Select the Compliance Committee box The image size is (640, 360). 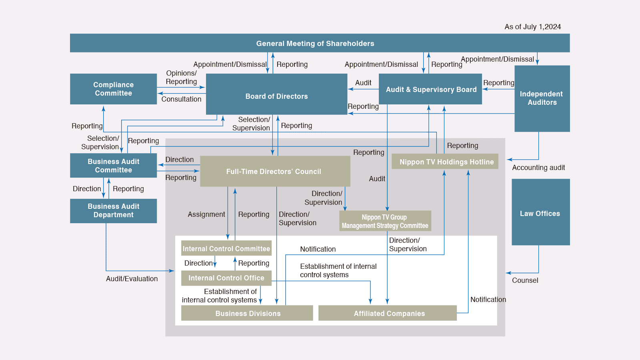pyautogui.click(x=113, y=89)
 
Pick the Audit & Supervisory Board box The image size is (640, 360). pyautogui.click(x=431, y=89)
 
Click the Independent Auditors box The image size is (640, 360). pyautogui.click(x=542, y=98)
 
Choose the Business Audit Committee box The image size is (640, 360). pyautogui.click(x=113, y=166)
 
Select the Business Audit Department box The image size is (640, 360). pyautogui.click(x=113, y=211)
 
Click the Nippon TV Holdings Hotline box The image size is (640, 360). pyautogui.click(x=446, y=162)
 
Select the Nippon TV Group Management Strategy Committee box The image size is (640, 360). pyautogui.click(x=385, y=221)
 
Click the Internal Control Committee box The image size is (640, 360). pyautogui.click(x=226, y=248)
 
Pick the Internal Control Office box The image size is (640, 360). pyautogui.click(x=226, y=278)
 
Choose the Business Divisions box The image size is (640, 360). pyautogui.click(x=247, y=313)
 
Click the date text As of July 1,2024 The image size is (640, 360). pyautogui.click(x=532, y=27)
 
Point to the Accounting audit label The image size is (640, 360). pyautogui.click(x=538, y=168)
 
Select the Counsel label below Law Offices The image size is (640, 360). pyautogui.click(x=525, y=280)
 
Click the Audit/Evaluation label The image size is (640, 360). pyautogui.click(x=132, y=279)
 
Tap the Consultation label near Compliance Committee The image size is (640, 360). pyautogui.click(x=181, y=99)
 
